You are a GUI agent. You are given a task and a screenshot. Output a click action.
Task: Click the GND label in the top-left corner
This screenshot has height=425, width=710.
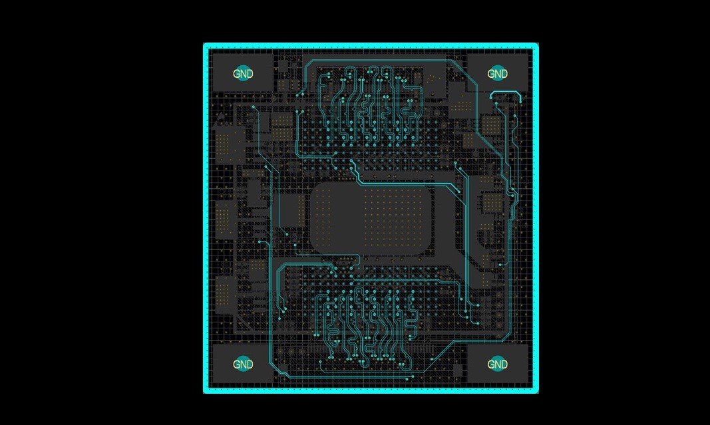(243, 73)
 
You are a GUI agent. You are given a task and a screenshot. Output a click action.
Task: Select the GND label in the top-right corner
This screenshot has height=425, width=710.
(497, 73)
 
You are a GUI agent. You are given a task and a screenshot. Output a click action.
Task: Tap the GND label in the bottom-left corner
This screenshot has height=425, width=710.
(243, 364)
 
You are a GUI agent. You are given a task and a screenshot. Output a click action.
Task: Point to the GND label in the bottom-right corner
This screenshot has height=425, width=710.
(497, 364)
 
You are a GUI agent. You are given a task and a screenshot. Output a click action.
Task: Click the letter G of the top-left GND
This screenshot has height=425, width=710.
(237, 73)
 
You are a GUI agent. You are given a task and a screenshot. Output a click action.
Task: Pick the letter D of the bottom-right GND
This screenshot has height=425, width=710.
(504, 364)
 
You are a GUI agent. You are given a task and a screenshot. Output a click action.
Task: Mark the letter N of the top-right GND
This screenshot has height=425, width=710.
(497, 73)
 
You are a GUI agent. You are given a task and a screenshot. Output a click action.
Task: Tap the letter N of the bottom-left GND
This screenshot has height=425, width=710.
(243, 364)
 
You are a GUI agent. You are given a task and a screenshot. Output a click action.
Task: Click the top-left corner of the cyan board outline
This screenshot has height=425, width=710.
(204, 43)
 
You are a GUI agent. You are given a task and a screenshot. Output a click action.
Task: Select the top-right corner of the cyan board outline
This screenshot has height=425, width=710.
(538, 43)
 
